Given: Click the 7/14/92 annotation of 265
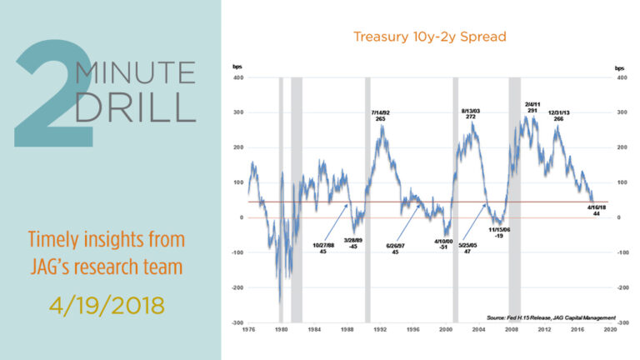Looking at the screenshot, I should pyautogui.click(x=380, y=115).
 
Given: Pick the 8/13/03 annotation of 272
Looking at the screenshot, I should pyautogui.click(x=471, y=113).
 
